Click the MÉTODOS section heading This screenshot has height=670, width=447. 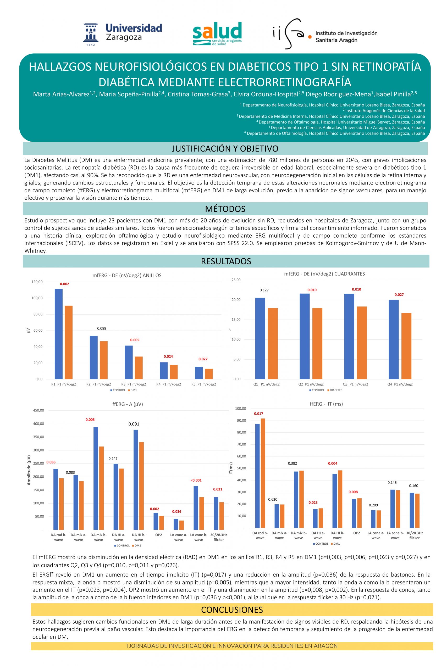225,209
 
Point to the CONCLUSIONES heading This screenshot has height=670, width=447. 232,610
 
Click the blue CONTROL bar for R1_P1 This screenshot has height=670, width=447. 58,334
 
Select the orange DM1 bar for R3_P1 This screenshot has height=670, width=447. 139,367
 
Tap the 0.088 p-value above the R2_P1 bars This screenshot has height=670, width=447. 102,328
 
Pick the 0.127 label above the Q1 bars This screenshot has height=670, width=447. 264,290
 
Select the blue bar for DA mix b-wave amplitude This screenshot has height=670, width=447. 96,478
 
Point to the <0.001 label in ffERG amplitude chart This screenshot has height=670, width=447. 196,480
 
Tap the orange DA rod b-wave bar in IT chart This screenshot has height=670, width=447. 263,473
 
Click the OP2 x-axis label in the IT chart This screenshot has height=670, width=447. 356,533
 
